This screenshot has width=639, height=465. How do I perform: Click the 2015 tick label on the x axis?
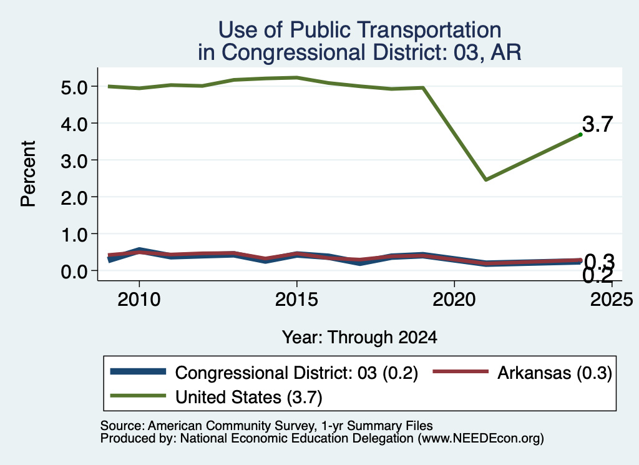coord(296,300)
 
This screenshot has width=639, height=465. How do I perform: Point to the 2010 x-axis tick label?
coord(139,300)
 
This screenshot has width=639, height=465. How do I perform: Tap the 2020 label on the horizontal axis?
coord(454,300)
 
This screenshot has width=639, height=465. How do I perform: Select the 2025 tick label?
coord(612,300)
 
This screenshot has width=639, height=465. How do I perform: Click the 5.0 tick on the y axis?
coord(75,87)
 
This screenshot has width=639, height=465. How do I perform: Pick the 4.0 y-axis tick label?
coord(75,124)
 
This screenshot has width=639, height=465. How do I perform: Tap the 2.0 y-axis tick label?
coord(75,198)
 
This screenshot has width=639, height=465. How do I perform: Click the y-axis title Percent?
coord(28,174)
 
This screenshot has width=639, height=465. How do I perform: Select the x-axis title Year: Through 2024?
coord(359,338)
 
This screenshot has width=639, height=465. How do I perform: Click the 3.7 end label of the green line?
coord(597,124)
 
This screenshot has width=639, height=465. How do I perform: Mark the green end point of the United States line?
coord(580,134)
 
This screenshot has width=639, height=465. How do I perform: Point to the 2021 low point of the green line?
coord(485,179)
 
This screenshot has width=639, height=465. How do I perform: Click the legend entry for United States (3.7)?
coord(216,397)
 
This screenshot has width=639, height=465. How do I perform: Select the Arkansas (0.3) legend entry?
coord(522,373)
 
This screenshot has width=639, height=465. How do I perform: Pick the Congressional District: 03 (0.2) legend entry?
coord(264,373)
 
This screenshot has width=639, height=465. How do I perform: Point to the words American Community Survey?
coord(232,426)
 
